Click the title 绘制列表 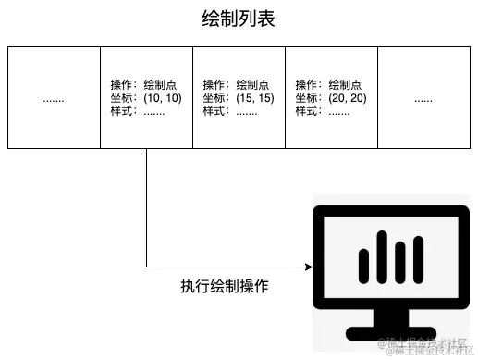point(239,19)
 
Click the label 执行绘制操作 point(225,287)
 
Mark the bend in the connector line point(147,267)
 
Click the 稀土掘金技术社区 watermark point(427,348)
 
